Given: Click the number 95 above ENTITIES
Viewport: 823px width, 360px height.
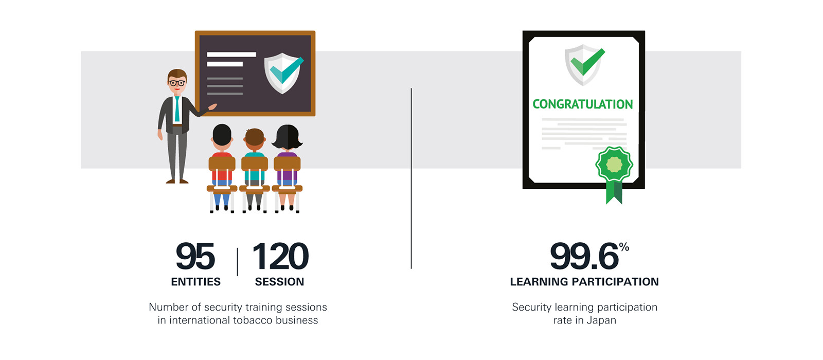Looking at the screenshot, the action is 195,256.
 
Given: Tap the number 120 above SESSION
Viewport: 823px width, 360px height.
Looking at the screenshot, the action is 280,256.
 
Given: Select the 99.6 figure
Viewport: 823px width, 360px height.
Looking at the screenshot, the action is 584,257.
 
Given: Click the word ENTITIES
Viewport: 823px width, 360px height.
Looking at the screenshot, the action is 196,282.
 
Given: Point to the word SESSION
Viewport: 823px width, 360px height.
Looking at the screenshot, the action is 280,282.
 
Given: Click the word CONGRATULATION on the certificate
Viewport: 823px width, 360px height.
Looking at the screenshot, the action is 583,104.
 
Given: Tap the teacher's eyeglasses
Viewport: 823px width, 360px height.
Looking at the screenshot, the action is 177,83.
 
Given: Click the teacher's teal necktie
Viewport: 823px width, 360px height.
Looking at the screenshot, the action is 177,109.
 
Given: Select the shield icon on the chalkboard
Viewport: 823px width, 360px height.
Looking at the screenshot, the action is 283,73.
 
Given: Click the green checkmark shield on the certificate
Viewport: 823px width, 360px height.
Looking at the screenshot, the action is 584,64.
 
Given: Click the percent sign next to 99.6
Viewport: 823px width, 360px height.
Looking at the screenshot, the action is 624,247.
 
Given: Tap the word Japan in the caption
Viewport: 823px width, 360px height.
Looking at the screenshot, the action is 601,320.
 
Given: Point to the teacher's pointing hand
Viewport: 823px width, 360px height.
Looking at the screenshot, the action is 212,107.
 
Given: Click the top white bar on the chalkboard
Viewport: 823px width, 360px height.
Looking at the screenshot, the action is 231,55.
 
